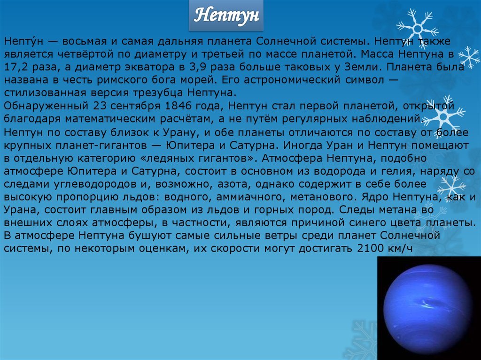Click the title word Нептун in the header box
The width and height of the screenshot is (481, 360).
(x=226, y=15)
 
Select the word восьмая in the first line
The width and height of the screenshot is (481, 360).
(x=85, y=41)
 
